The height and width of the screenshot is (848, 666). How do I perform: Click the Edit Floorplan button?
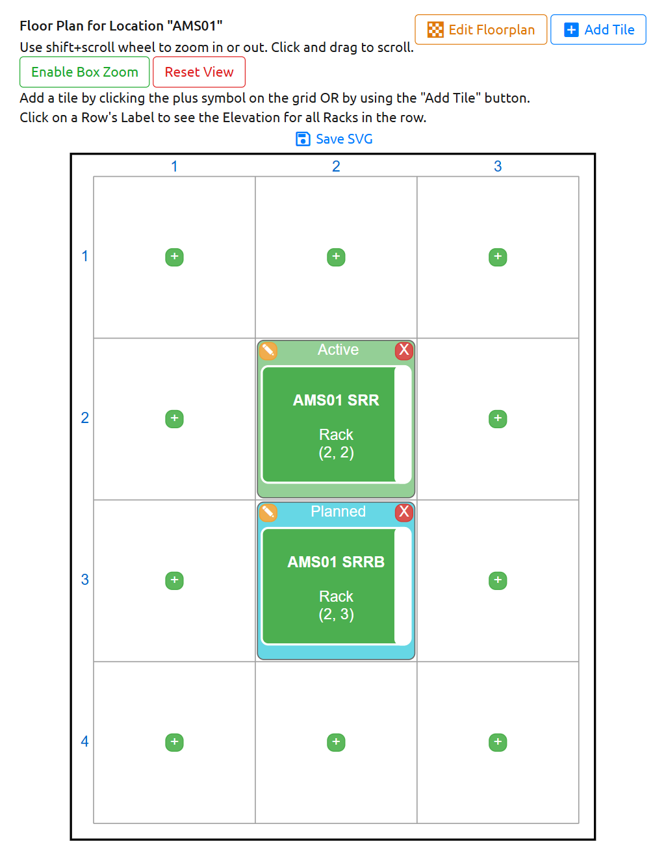480,30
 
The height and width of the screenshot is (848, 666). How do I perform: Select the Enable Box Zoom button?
84,72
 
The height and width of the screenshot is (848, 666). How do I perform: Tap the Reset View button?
199,72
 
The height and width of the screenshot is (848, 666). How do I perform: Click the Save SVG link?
334,139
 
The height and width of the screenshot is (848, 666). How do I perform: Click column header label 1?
174,166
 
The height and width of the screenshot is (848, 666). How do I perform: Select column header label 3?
498,166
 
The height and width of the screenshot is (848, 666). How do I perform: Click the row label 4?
84,741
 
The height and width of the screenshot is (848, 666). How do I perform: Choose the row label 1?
84,257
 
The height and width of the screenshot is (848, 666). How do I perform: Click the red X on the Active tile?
403,350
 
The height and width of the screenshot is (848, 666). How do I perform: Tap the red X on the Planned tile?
403,511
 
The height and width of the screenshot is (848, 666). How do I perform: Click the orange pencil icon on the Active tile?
268,350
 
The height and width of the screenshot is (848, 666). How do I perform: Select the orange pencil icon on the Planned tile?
268,512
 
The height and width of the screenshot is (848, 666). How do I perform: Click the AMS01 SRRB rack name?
336,562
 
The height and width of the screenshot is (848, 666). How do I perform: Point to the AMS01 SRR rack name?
336,400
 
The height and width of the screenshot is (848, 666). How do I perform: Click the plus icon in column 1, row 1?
174,257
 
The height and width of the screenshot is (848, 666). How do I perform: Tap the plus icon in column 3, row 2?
498,418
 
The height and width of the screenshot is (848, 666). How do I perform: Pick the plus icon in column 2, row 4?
336,742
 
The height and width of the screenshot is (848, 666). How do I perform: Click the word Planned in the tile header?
338,511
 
